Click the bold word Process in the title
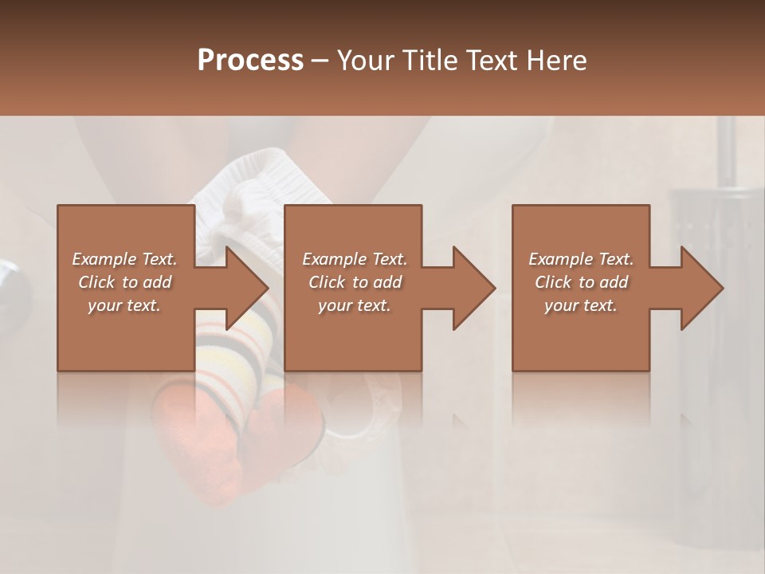tap(250, 60)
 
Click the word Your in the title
tap(367, 60)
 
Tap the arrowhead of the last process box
tap(701, 288)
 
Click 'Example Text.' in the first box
tap(124, 259)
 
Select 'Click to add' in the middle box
tap(355, 282)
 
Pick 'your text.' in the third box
tap(581, 305)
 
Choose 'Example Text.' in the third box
tap(581, 259)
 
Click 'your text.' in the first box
tap(124, 305)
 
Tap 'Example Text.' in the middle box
tap(355, 259)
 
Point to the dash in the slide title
tap(320, 61)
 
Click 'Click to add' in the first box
tap(124, 282)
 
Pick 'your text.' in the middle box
tap(355, 305)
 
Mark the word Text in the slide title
tap(492, 60)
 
